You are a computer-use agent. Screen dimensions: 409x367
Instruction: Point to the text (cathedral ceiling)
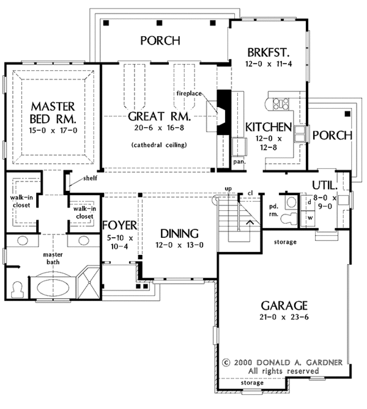tap(158, 145)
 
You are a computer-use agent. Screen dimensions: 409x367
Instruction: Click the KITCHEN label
tap(267, 127)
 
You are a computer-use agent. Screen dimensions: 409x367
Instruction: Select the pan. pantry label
tap(239, 163)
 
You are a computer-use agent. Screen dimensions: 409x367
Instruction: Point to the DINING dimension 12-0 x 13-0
tap(177, 245)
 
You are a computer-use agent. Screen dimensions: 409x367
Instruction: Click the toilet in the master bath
tap(17, 285)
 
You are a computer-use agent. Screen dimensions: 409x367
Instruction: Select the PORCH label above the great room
tap(160, 42)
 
